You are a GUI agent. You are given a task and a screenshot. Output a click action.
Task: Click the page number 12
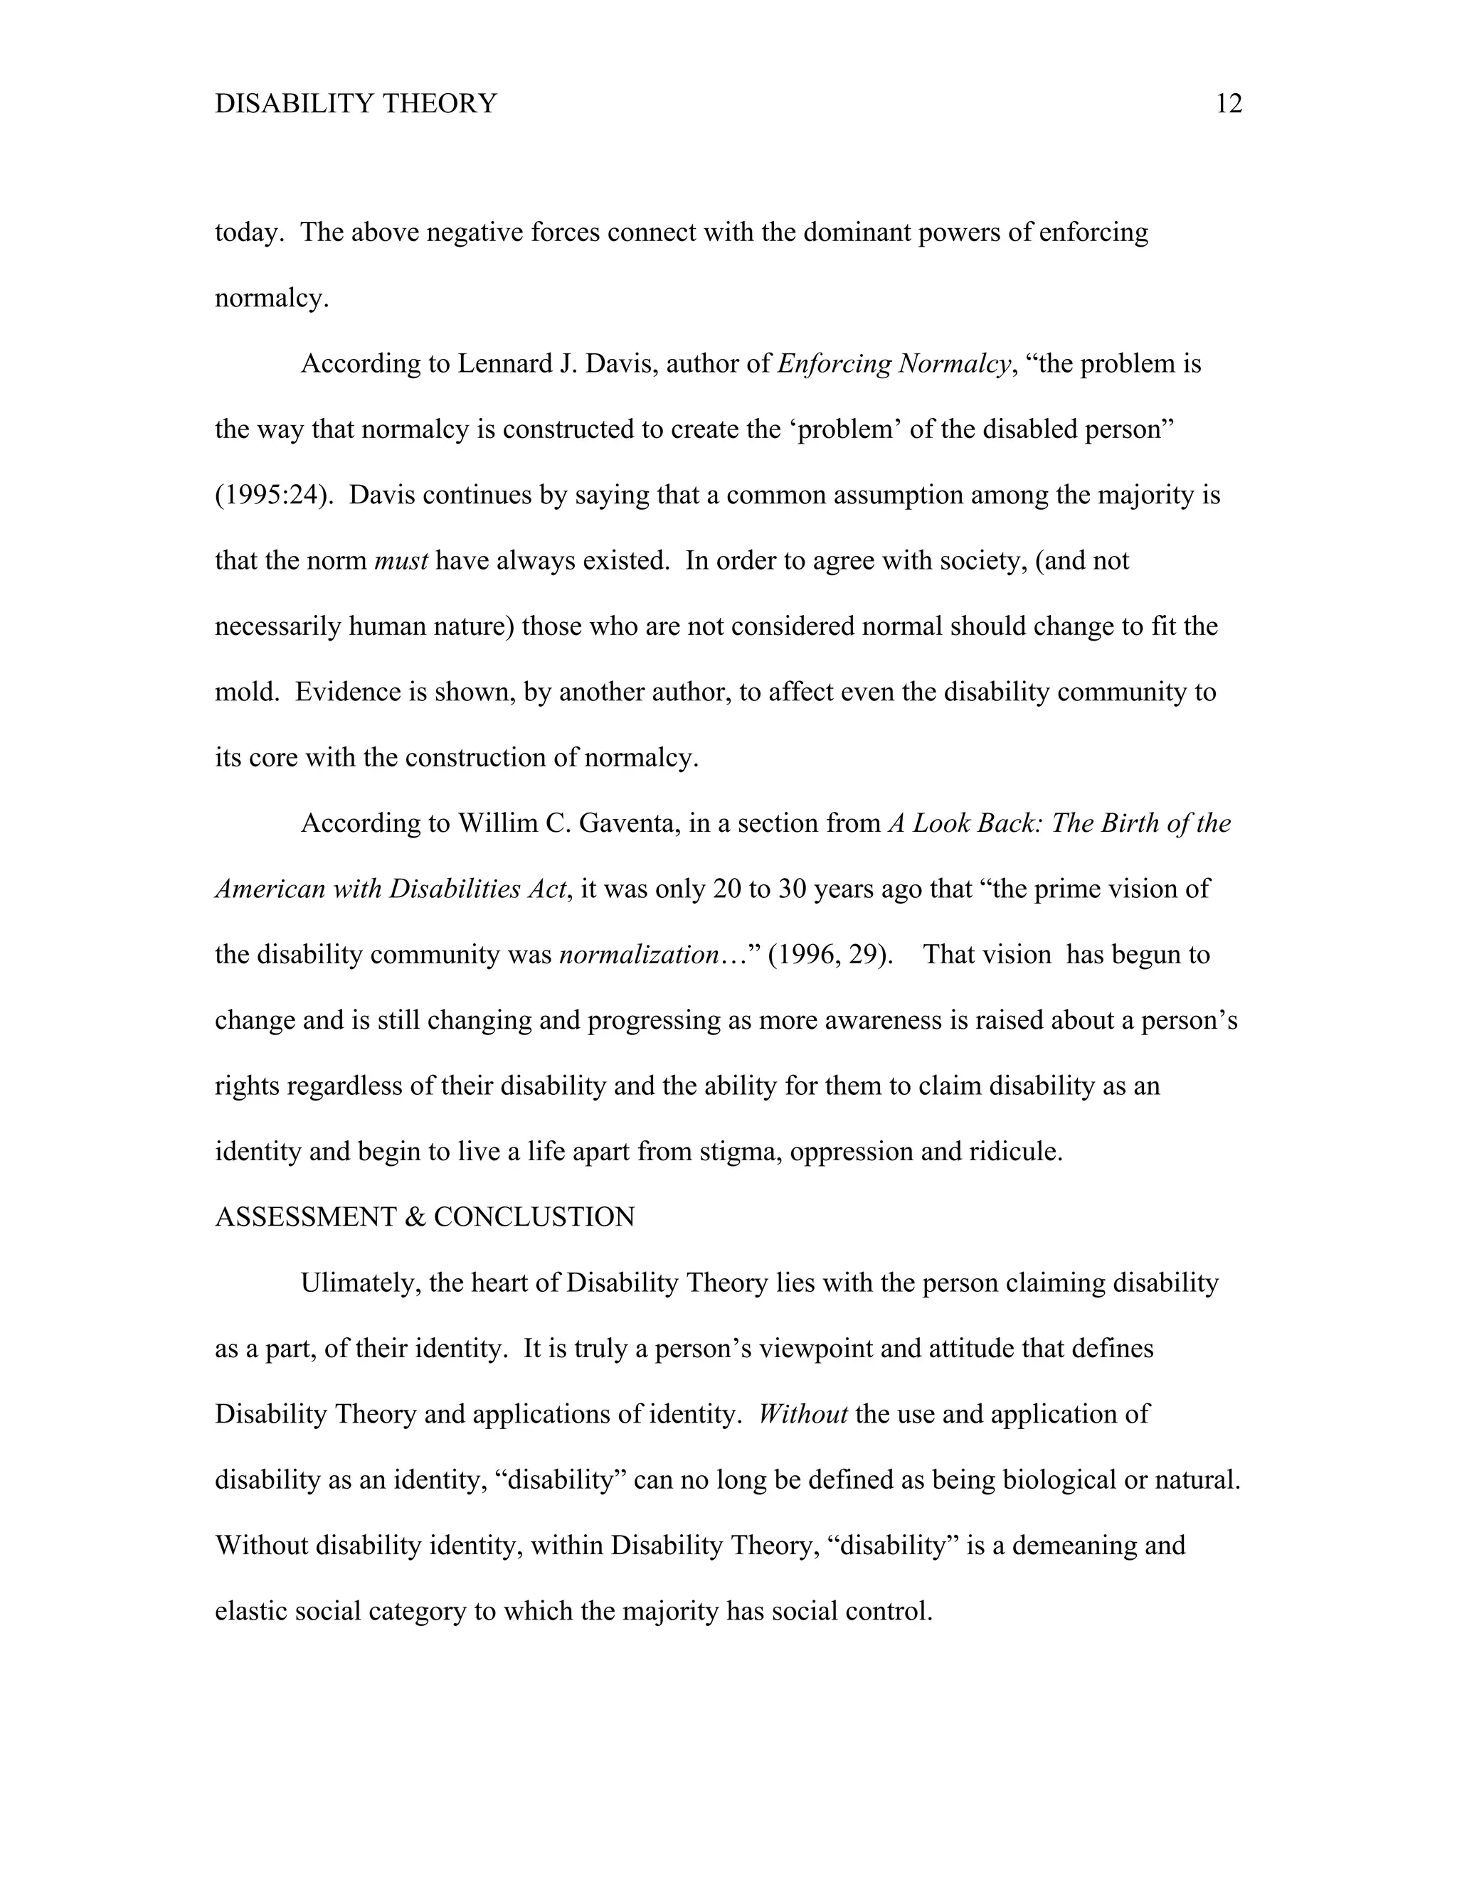[1228, 104]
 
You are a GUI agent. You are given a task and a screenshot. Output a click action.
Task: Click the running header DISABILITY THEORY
[356, 104]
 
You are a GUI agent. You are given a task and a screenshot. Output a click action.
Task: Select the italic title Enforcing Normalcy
[894, 363]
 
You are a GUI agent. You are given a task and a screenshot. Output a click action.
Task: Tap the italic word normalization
[640, 955]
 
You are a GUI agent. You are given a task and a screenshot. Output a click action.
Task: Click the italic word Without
[802, 1414]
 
